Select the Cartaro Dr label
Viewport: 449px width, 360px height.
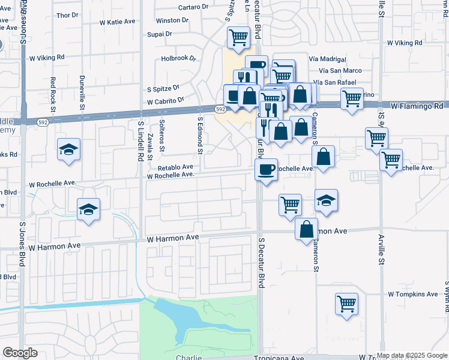(x=193, y=8)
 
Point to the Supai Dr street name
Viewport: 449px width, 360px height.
(x=160, y=34)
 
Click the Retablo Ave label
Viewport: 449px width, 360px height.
(x=175, y=167)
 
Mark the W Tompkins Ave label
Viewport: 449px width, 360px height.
(x=413, y=294)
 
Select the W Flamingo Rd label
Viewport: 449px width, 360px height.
(x=416, y=106)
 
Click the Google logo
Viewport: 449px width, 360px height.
(x=20, y=353)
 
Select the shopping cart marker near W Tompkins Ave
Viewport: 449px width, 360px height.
(x=346, y=302)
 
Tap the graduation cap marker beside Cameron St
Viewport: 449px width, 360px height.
(x=326, y=200)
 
